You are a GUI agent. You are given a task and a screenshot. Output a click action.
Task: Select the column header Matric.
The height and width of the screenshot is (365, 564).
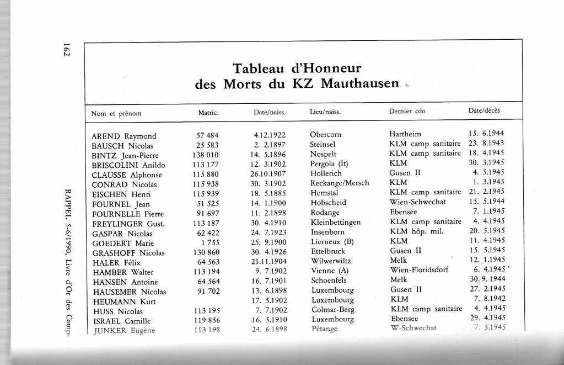click(208, 113)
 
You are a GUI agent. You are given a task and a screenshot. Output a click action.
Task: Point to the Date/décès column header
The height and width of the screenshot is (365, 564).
click(484, 112)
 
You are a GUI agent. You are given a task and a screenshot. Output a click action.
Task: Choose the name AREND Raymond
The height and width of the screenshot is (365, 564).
click(124, 136)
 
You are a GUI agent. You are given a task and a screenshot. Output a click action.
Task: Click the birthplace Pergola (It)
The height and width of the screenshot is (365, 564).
click(330, 163)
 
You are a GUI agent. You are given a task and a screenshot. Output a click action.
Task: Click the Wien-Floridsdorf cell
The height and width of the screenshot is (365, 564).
click(419, 270)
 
